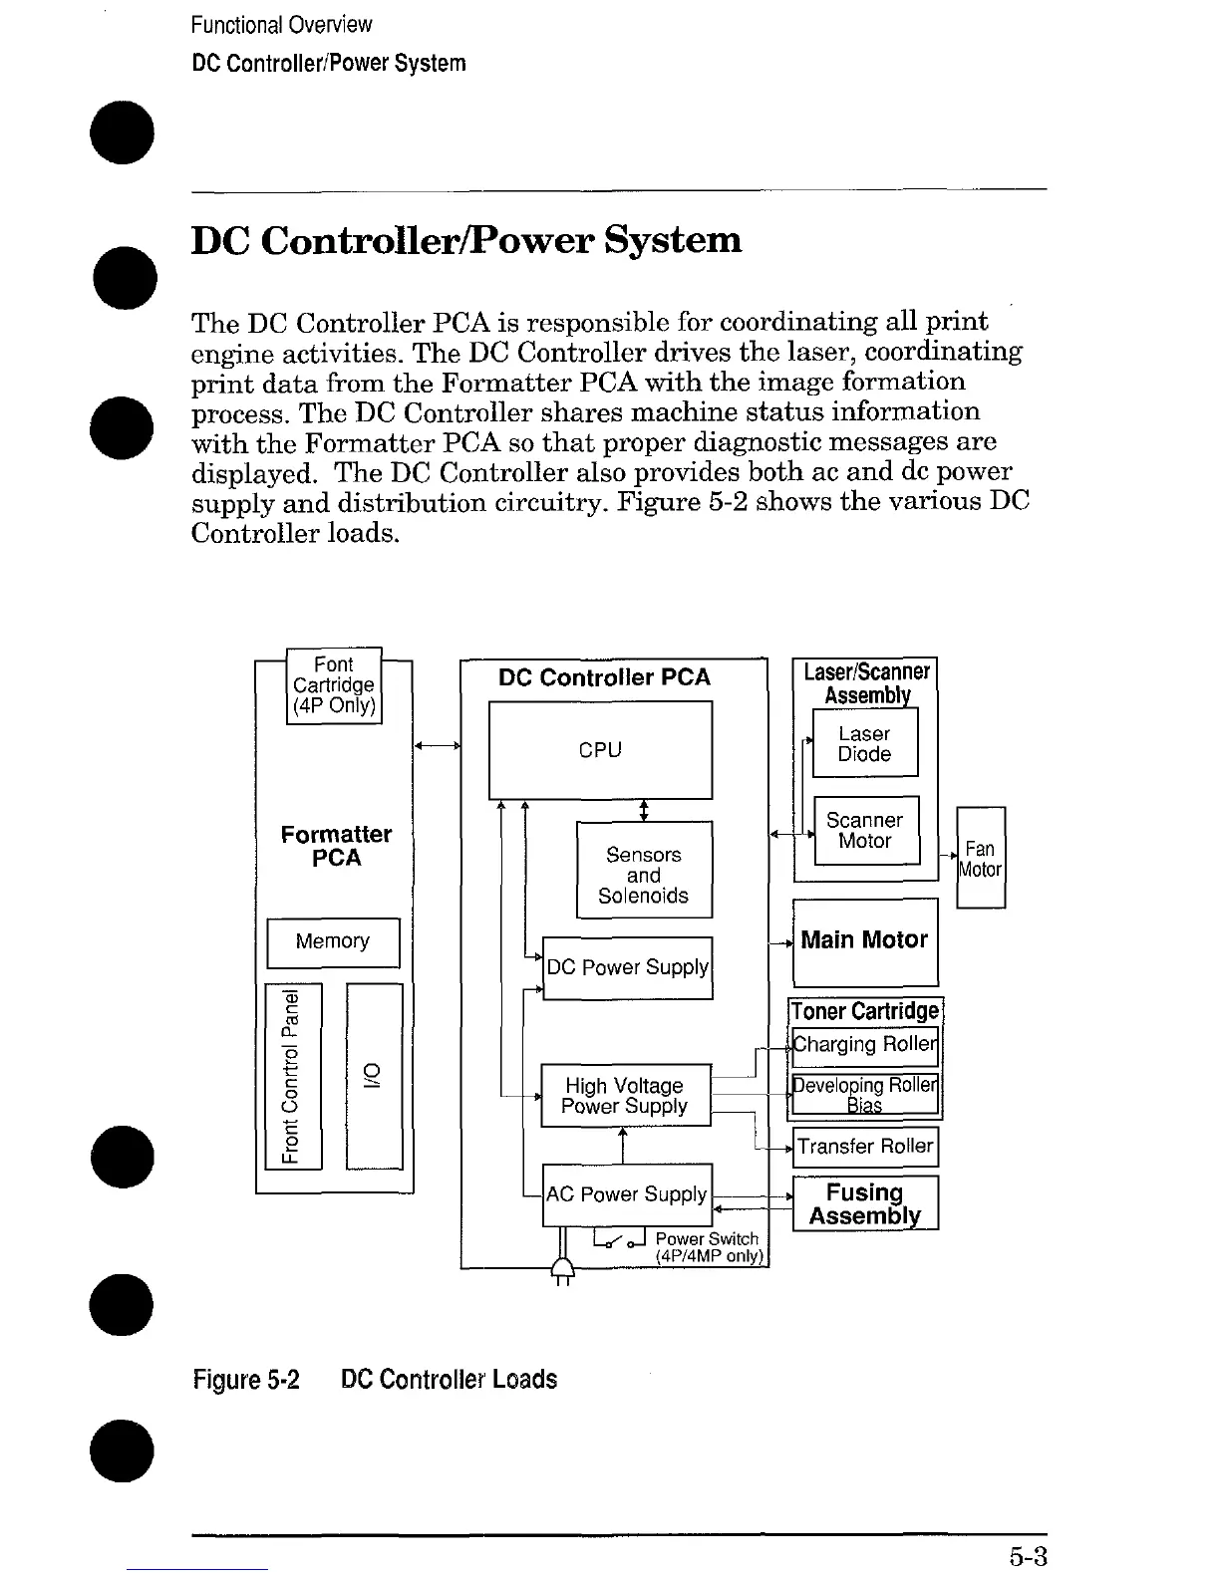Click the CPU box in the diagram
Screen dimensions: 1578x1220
[600, 750]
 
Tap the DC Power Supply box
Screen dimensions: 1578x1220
[627, 967]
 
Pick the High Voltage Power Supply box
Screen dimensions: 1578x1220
[625, 1095]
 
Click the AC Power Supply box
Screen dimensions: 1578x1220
[627, 1193]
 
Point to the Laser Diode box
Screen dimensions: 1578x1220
[864, 743]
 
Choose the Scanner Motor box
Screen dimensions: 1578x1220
[865, 830]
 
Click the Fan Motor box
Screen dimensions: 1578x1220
[981, 858]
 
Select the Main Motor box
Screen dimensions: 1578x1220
[864, 940]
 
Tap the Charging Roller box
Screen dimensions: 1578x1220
[865, 1044]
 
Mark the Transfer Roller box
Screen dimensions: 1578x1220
[865, 1147]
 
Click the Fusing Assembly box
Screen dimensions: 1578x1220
[865, 1203]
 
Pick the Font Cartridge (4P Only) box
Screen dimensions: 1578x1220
[334, 684]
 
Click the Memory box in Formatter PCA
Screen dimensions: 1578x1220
[333, 941]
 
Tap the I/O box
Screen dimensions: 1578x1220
[374, 1076]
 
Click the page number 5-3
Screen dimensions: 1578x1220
[1027, 1556]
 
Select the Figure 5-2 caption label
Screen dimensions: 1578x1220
[246, 1380]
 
